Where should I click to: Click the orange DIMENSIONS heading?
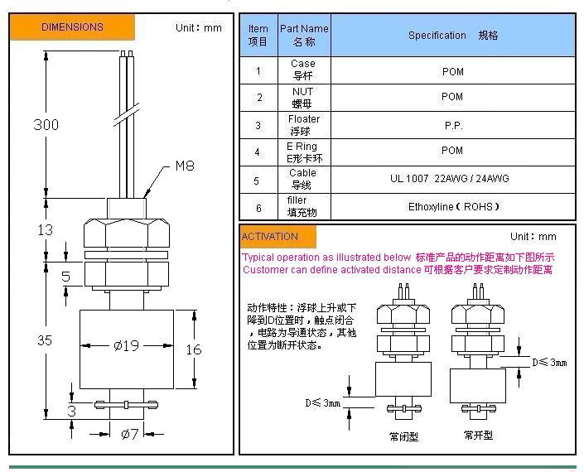[72, 27]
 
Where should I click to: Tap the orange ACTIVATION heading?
[270, 237]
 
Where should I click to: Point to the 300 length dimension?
[46, 125]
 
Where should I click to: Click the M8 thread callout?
[184, 166]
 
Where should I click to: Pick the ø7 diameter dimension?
[130, 434]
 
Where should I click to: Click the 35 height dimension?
[45, 340]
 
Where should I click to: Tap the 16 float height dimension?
[193, 349]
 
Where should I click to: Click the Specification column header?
[452, 36]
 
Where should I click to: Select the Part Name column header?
[304, 35]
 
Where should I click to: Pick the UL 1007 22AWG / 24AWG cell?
[452, 179]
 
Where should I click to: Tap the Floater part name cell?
[303, 125]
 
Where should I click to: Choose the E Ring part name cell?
[303, 152]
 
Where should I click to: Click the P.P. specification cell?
[452, 125]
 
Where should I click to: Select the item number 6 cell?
[258, 208]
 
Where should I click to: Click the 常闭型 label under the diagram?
[403, 436]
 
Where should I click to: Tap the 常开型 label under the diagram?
[478, 435]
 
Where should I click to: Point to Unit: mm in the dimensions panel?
[199, 27]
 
